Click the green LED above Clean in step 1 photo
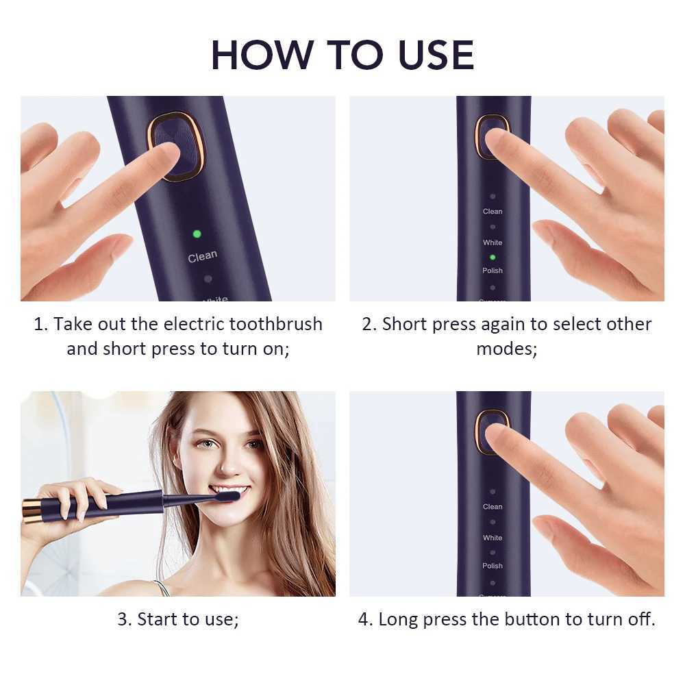click(x=197, y=234)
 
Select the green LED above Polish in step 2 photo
click(x=493, y=257)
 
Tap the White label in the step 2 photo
click(x=493, y=242)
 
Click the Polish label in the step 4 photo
click(x=493, y=566)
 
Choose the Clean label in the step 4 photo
click(x=493, y=507)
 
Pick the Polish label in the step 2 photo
click(x=493, y=271)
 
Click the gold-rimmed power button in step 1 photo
click(x=175, y=146)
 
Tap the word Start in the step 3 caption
click(x=157, y=620)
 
